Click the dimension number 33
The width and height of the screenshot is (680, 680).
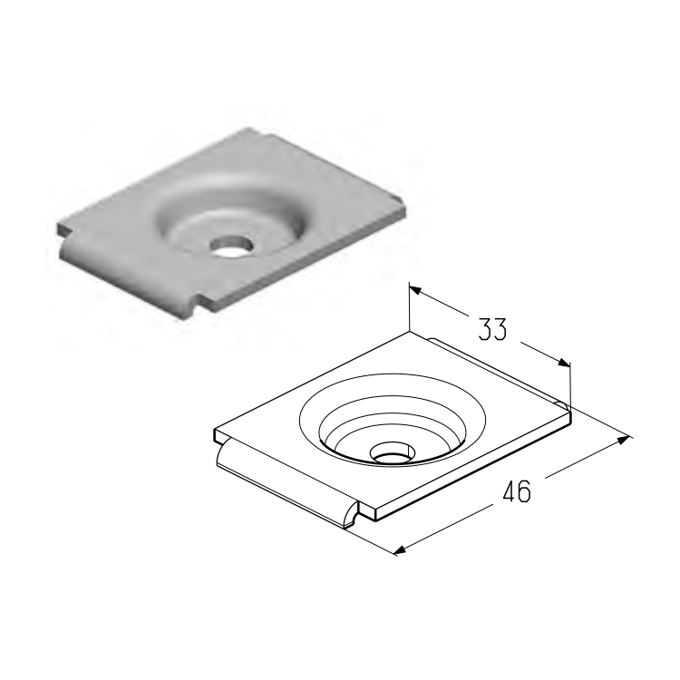point(491,329)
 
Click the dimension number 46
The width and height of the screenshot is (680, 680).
point(516,491)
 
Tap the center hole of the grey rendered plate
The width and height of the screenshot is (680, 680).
point(231,246)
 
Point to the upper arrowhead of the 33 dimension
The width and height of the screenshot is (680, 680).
point(415,289)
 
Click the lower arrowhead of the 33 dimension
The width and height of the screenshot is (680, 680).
point(564,363)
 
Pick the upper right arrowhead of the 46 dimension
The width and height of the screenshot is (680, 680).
point(623,440)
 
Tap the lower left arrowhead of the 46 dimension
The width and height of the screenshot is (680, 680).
point(400,550)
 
